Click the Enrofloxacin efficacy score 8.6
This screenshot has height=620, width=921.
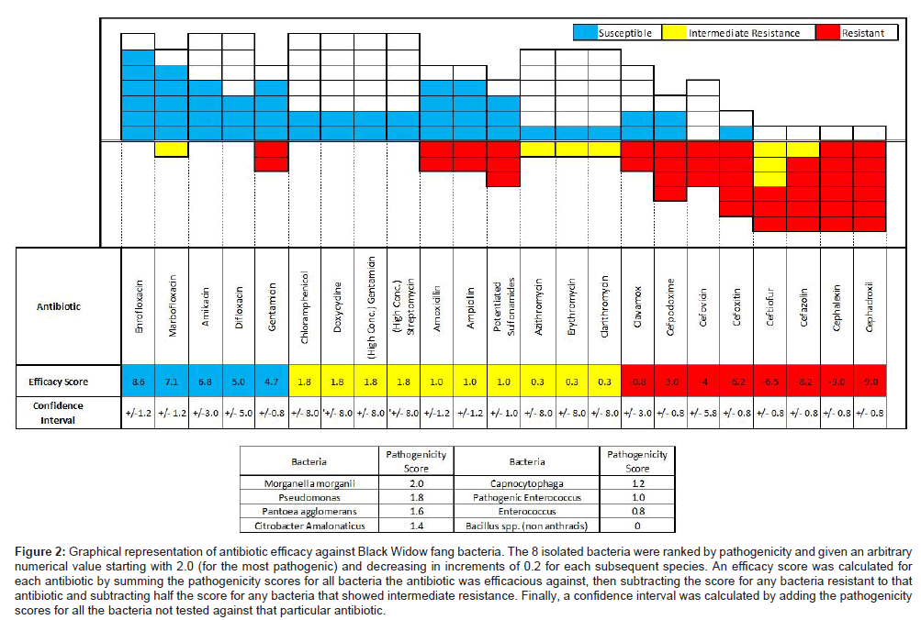tap(139, 381)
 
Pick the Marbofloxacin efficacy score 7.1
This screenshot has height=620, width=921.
tap(172, 381)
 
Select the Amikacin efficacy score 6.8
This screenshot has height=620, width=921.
tap(205, 381)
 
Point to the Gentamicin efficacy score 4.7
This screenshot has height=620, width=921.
tap(271, 381)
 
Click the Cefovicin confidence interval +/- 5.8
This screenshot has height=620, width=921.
tap(702, 414)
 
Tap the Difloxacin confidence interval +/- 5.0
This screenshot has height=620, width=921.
tap(238, 414)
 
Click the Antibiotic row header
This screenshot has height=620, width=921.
tap(58, 306)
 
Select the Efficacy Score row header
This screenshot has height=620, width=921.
tap(58, 381)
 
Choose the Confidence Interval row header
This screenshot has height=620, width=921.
tap(58, 412)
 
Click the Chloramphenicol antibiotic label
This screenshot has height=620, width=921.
tap(304, 306)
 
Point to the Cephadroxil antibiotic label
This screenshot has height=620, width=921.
tap(870, 306)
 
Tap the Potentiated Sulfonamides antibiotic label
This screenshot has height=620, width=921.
tap(502, 306)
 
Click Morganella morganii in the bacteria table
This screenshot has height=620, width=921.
tap(310, 482)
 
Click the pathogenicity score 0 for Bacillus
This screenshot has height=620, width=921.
tap(635, 525)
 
